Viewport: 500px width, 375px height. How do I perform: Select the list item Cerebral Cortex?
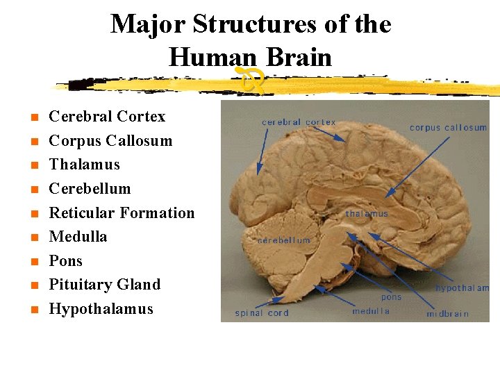[107, 117]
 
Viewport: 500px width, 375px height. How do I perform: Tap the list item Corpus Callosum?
[110, 141]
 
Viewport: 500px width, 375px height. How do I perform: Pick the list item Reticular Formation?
[122, 213]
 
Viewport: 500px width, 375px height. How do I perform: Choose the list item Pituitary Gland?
[104, 285]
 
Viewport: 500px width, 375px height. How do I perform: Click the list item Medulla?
[78, 237]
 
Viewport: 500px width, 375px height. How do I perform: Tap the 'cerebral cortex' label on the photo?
[299, 122]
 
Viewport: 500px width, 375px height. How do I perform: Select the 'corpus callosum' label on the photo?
[448, 128]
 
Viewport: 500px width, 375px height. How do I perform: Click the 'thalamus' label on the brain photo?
[367, 214]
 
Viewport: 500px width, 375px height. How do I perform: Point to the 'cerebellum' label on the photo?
[284, 240]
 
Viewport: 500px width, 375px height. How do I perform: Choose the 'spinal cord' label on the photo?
[261, 313]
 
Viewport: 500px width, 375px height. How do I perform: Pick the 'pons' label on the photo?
[391, 297]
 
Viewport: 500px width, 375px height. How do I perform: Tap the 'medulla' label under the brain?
[371, 311]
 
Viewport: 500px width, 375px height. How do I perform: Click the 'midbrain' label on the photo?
[447, 314]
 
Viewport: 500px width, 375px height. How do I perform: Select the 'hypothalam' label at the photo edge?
[462, 288]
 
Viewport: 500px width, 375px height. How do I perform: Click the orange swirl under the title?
[251, 78]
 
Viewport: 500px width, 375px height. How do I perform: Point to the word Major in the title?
[149, 25]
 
